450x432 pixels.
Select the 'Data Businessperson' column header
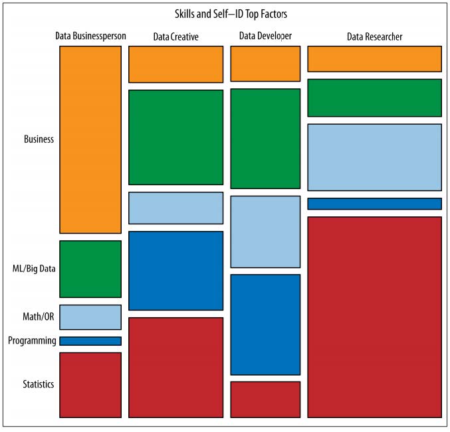pyautogui.click(x=90, y=36)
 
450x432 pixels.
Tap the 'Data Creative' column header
pyautogui.click(x=175, y=36)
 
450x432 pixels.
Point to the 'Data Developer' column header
pyautogui.click(x=265, y=36)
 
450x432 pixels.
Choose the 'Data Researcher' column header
pyautogui.click(x=374, y=36)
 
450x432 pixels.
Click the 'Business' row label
pyautogui.click(x=39, y=139)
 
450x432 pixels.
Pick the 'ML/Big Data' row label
pyautogui.click(x=35, y=269)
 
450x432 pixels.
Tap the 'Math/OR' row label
pyautogui.click(x=39, y=317)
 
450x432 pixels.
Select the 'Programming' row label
pyautogui.click(x=32, y=340)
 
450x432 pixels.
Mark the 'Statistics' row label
pyautogui.click(x=38, y=385)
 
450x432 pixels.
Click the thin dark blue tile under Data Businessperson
pyautogui.click(x=90, y=341)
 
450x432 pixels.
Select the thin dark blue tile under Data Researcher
pyautogui.click(x=374, y=204)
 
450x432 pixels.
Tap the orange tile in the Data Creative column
pyautogui.click(x=175, y=64)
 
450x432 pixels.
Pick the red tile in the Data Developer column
pyautogui.click(x=265, y=399)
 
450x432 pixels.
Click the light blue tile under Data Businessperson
pyautogui.click(x=90, y=317)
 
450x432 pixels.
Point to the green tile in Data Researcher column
pyautogui.click(x=374, y=98)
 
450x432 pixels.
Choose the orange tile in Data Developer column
pyautogui.click(x=265, y=64)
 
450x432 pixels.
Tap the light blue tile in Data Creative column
pyautogui.click(x=175, y=208)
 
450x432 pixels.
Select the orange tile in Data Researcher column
pyautogui.click(x=374, y=59)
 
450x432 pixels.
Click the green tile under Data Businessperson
pyautogui.click(x=90, y=269)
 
